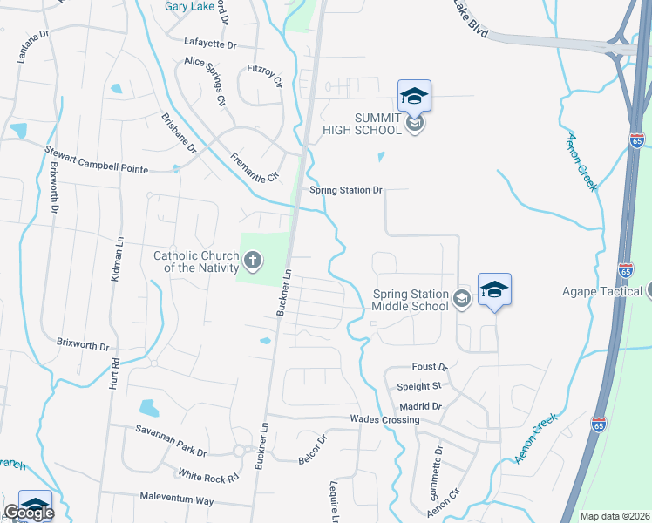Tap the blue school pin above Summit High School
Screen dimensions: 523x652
(x=415, y=96)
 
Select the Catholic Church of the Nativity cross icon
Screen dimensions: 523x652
(x=253, y=260)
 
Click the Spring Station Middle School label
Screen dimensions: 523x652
(x=411, y=300)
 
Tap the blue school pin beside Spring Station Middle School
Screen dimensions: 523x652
(x=494, y=290)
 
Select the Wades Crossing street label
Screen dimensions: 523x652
(x=384, y=419)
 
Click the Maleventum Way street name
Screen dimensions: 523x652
(x=176, y=499)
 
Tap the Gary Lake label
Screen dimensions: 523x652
(x=191, y=6)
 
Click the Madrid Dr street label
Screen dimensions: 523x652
(x=424, y=406)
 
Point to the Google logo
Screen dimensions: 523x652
(x=28, y=513)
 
